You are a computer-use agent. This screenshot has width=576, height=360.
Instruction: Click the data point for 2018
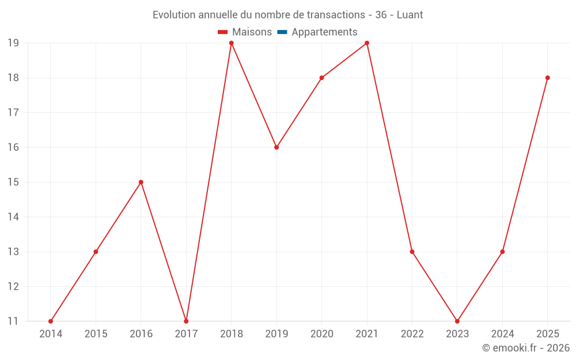(x=232, y=43)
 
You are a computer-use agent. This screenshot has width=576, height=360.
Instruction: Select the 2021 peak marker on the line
(x=367, y=43)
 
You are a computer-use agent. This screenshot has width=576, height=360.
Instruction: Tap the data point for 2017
(x=186, y=321)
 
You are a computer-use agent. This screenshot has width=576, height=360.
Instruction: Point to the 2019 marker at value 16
(x=276, y=147)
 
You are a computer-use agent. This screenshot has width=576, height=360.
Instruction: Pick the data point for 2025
(x=548, y=78)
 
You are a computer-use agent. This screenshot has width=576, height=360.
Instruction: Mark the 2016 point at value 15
(x=141, y=182)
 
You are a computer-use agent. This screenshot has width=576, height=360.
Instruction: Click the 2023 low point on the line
(x=457, y=321)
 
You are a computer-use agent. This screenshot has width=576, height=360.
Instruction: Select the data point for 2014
(x=51, y=321)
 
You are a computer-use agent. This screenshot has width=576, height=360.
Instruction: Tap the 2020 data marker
(x=322, y=78)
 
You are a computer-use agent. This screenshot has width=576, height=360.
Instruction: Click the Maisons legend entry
(x=245, y=32)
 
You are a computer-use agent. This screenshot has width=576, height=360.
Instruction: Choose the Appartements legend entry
(x=317, y=32)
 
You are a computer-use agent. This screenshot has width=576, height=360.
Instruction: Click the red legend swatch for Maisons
(x=222, y=32)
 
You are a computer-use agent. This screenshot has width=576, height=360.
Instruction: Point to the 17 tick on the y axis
(x=13, y=112)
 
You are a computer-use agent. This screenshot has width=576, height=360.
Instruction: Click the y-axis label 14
(x=13, y=217)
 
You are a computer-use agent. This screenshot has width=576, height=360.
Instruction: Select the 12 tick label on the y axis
(x=13, y=286)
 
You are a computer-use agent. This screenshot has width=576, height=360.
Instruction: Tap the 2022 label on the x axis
(x=412, y=334)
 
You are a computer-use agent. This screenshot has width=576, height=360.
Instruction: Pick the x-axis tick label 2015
(x=96, y=334)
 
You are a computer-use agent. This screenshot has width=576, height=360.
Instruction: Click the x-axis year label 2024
(x=502, y=334)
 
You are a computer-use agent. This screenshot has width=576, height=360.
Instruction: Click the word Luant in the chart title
(x=410, y=15)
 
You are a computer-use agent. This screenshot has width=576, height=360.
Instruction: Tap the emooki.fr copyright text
(x=526, y=348)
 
